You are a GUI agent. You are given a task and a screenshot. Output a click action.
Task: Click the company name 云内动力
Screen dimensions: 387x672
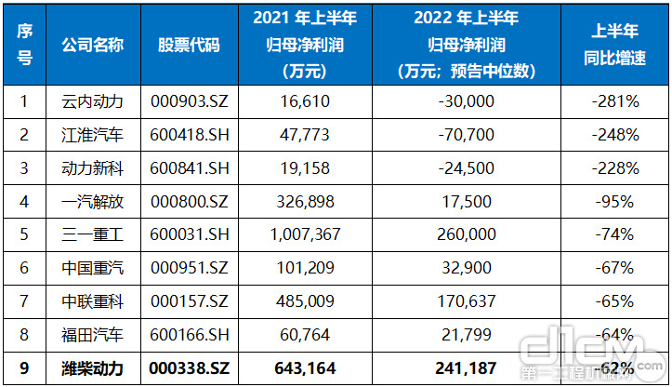[x=92, y=101]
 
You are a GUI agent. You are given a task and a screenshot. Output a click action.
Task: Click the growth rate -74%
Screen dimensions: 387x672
[x=613, y=234]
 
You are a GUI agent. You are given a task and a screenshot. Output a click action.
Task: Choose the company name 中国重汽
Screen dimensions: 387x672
[x=92, y=268]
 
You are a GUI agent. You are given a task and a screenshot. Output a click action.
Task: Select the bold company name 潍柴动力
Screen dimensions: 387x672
[x=92, y=368]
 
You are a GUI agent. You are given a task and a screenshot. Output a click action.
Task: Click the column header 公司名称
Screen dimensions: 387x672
[x=92, y=45]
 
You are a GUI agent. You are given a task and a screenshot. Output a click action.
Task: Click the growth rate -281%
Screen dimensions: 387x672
[x=613, y=101]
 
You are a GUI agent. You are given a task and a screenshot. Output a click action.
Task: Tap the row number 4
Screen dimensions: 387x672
[x=25, y=202]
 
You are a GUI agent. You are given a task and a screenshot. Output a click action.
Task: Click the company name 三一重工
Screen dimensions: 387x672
[x=92, y=234]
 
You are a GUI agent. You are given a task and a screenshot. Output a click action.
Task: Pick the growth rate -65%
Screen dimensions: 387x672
[x=613, y=301]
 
